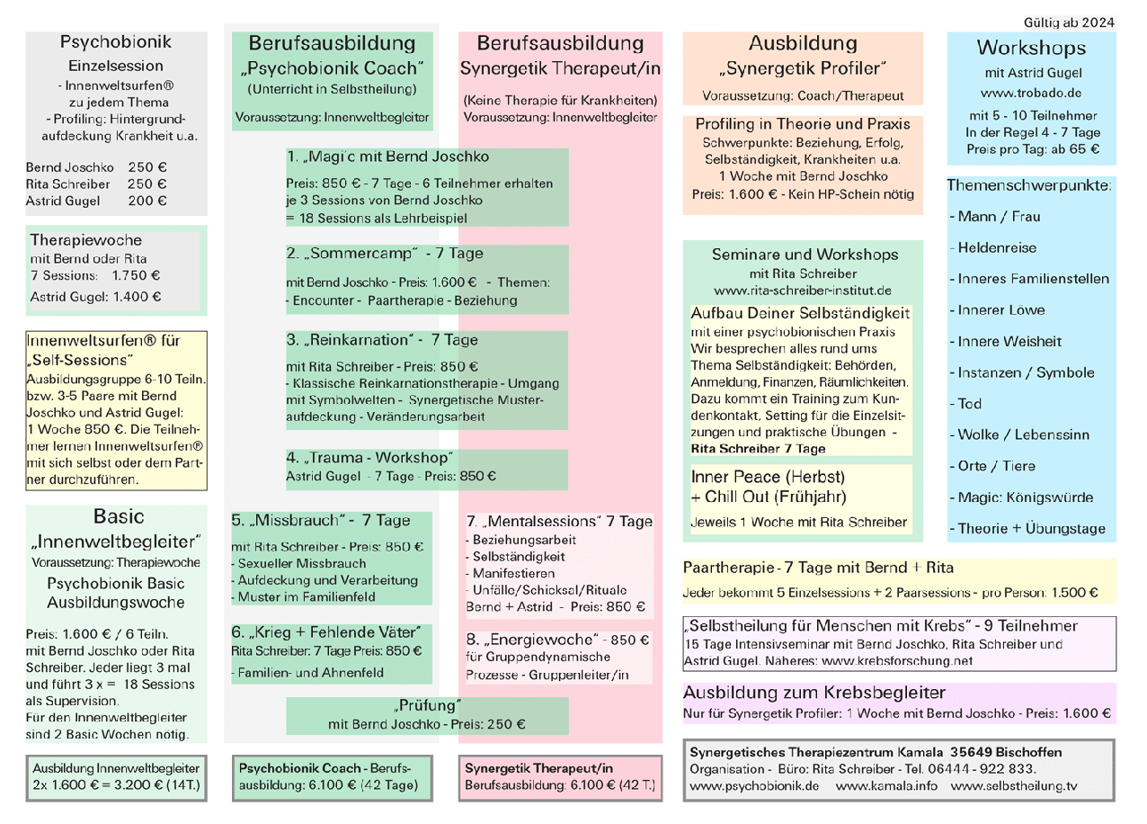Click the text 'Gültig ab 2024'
tap(1069, 22)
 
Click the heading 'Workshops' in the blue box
tap(1031, 48)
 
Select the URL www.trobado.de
tap(1031, 93)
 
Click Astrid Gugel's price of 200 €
tap(147, 201)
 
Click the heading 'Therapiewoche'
tap(86, 240)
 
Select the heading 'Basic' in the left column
tap(118, 516)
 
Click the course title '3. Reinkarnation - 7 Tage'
tap(382, 340)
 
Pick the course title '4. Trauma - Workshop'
tap(370, 458)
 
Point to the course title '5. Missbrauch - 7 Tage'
tap(320, 520)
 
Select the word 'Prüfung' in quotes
tap(427, 705)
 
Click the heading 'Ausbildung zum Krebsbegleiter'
tap(814, 693)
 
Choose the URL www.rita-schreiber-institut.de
tap(802, 291)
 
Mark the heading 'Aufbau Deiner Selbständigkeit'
tap(800, 313)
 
